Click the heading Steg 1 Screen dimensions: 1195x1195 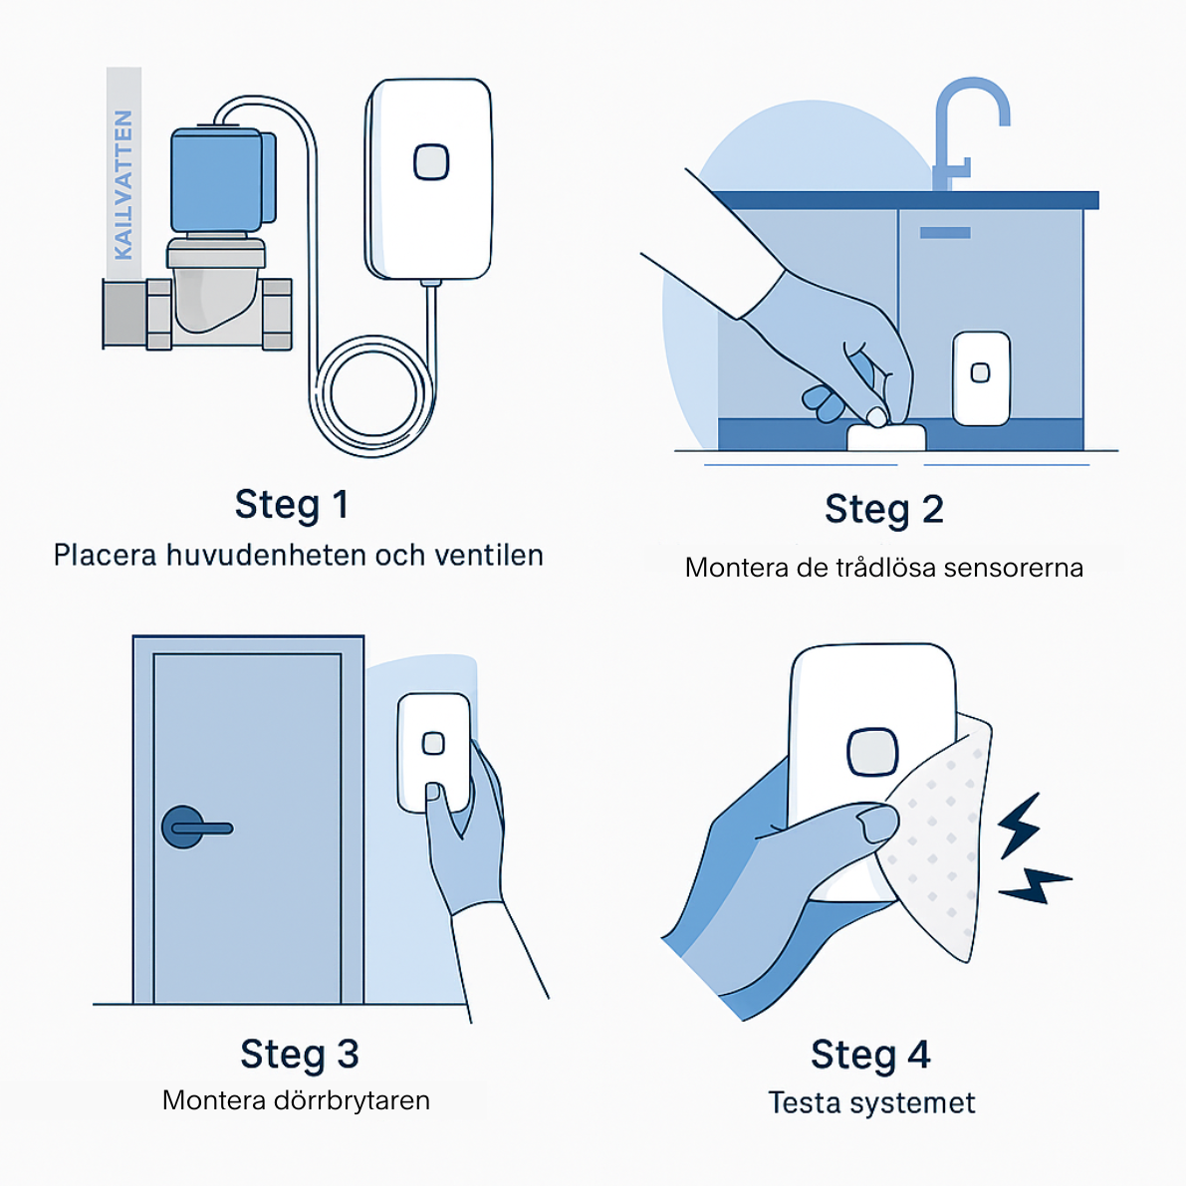point(294,506)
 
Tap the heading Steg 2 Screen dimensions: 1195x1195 point(890,511)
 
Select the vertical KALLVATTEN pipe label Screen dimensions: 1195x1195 point(124,186)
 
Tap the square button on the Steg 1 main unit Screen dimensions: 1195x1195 point(434,163)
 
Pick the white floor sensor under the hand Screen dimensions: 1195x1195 point(893,440)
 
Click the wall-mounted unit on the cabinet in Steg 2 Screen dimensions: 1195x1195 point(989,381)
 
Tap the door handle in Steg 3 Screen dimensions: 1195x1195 point(197,835)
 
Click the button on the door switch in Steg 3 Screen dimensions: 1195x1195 point(436,749)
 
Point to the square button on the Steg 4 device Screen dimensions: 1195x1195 point(879,759)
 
